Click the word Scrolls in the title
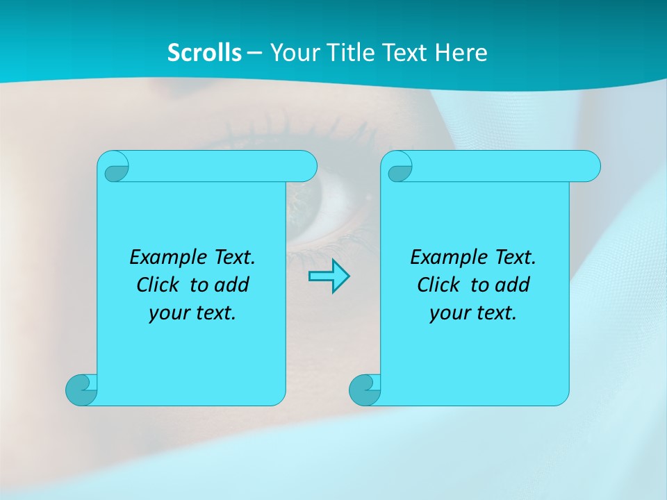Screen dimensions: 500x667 click(205, 52)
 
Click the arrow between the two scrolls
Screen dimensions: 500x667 click(329, 276)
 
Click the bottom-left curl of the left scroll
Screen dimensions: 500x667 click(82, 390)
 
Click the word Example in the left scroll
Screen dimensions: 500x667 click(164, 258)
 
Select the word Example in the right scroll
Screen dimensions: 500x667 click(445, 258)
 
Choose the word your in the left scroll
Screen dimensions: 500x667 click(167, 313)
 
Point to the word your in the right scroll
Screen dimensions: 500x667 click(447, 313)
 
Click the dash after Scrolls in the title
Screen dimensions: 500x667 click(255, 53)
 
